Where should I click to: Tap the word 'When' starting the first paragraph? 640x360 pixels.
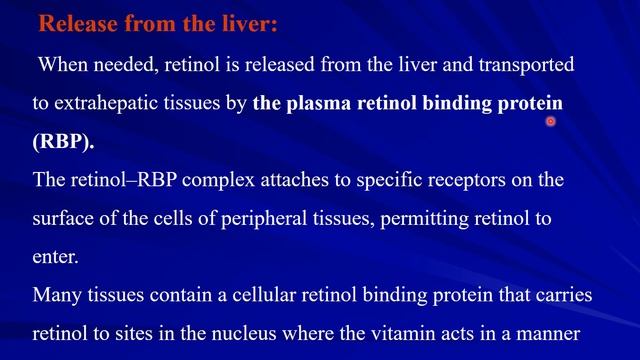coord(63,65)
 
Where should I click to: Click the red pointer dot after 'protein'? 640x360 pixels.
coord(550,122)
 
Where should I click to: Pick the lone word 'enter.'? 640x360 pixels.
coord(56,257)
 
